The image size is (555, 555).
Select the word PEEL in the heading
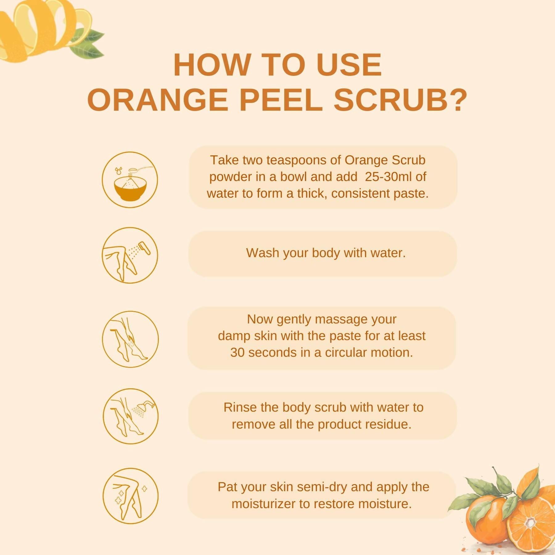[281, 100]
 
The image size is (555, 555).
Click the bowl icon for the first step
[130, 179]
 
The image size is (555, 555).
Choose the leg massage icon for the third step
[130, 339]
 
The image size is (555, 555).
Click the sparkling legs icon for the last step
[130, 496]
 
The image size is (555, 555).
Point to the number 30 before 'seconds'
[237, 352]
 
